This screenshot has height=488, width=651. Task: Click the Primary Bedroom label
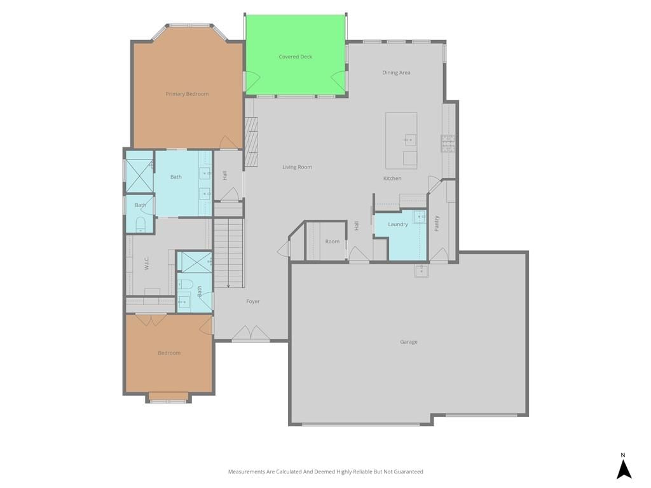tap(188, 94)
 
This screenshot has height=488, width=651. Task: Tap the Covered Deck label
tap(295, 57)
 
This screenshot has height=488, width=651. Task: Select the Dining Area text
tap(396, 72)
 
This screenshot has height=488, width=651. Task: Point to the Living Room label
tap(298, 167)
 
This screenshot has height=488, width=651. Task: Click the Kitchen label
tap(392, 179)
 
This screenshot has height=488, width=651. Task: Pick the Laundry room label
tap(398, 224)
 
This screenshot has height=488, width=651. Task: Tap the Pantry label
tap(436, 223)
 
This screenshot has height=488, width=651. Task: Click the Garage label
tap(409, 342)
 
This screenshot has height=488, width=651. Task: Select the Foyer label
tap(253, 301)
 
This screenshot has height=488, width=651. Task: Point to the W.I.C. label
tap(147, 263)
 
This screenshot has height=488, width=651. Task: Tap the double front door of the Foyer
tap(250, 333)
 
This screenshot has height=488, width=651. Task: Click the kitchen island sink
tap(410, 140)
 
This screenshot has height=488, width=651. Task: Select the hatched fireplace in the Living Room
tap(251, 142)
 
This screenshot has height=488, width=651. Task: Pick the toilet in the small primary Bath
tap(140, 224)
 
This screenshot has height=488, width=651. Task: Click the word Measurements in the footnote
tap(246, 471)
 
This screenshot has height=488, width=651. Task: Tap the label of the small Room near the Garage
tap(332, 241)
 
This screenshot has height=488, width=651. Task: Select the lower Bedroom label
tap(169, 353)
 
